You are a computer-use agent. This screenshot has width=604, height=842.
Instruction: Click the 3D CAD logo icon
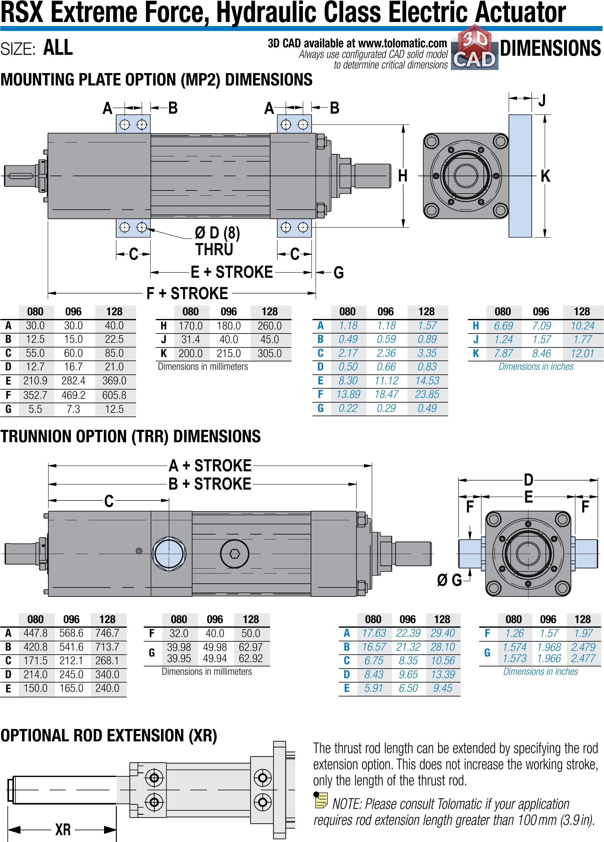(475, 48)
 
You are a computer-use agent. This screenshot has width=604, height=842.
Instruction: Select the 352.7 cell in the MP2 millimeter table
(35, 395)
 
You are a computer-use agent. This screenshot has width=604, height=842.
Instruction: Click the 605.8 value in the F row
(114, 395)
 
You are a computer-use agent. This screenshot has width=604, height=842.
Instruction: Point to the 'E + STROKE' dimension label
(232, 272)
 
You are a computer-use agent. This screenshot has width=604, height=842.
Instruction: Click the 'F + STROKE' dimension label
(187, 293)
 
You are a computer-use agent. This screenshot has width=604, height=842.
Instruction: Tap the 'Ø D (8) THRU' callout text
(217, 241)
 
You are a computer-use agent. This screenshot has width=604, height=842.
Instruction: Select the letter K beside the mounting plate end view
(545, 176)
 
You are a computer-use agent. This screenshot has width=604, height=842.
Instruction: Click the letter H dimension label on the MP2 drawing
(403, 176)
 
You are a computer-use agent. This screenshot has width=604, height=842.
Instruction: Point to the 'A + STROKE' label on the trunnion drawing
(210, 465)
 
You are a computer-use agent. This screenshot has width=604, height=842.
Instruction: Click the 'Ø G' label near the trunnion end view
(449, 580)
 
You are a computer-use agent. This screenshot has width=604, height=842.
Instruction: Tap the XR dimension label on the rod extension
(63, 829)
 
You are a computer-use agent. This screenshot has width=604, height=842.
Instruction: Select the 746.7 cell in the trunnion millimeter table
(107, 633)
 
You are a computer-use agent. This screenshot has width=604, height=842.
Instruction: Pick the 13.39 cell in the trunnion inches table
(443, 674)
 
